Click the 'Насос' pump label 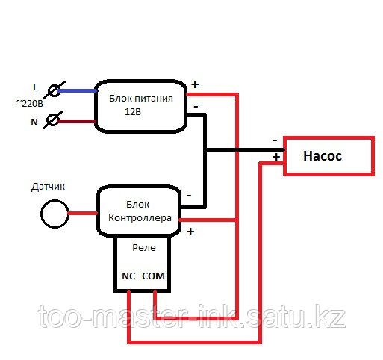click(323, 156)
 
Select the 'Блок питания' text click(141, 99)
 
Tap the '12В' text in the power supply click(133, 112)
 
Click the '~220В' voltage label click(30, 103)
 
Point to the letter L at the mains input click(35, 87)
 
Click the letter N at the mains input click(34, 122)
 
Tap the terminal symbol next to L click(55, 90)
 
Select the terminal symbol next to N click(52, 120)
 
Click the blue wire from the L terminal click(77, 91)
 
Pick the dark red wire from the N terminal click(77, 122)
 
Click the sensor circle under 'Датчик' click(55, 214)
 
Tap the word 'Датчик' click(48, 187)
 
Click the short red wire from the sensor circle click(83, 214)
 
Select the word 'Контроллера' click(140, 218)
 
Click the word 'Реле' click(144, 247)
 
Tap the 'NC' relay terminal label click(128, 276)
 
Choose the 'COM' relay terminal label click(153, 276)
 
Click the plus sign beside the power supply click(195, 84)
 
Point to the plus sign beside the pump click(276, 157)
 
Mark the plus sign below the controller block click(190, 232)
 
